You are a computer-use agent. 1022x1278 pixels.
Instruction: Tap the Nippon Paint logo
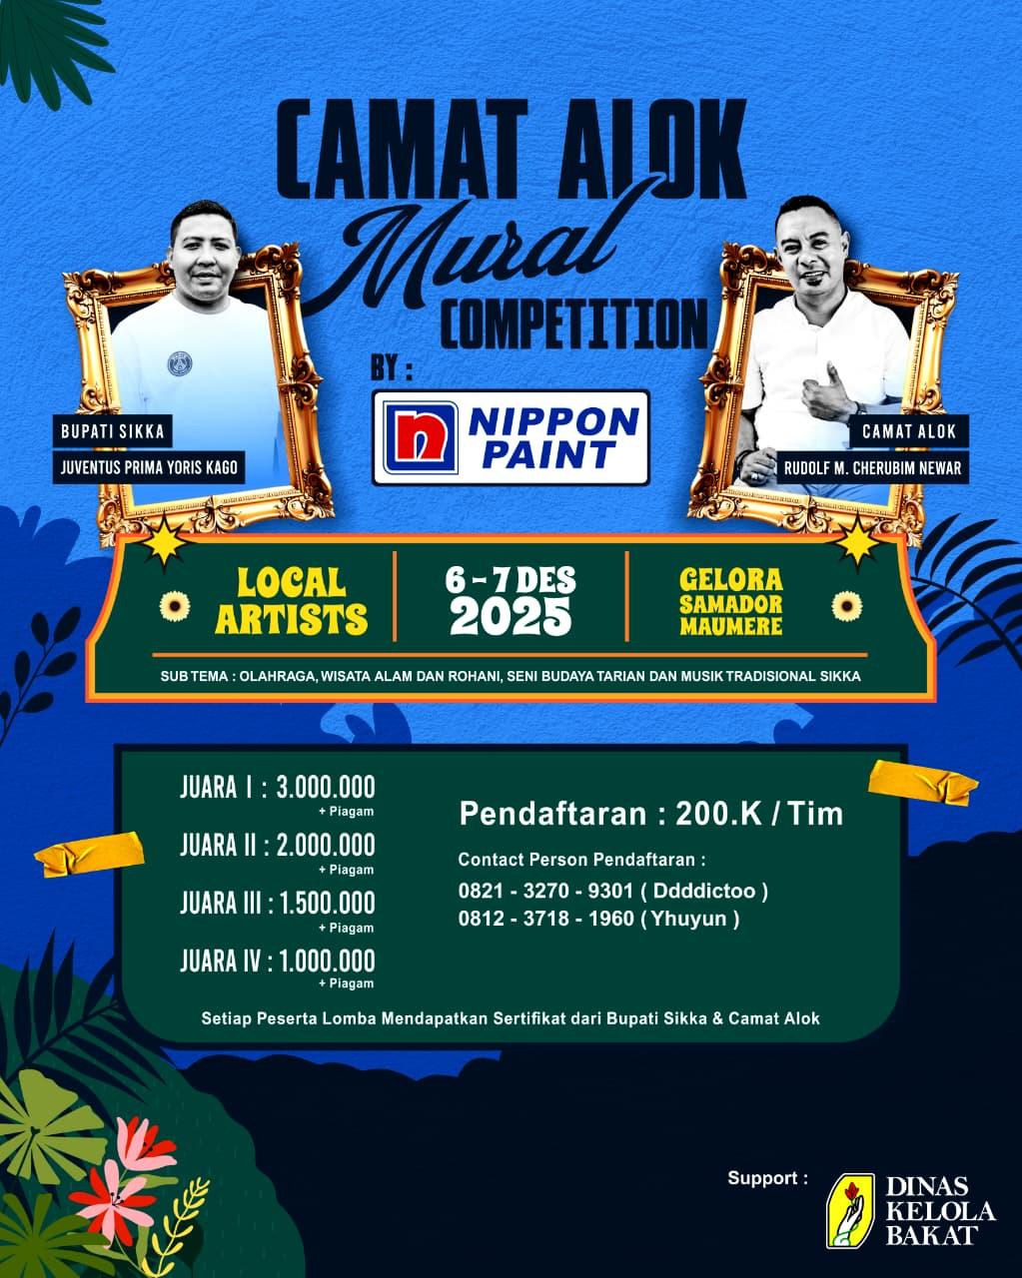coord(511,437)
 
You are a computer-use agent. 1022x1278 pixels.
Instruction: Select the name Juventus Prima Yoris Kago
coord(149,466)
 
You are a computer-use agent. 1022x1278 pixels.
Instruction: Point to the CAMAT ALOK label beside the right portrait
coord(909,431)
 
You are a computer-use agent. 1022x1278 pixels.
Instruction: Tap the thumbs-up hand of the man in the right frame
coord(825,394)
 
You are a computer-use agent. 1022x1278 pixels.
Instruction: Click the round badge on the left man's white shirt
coord(181,362)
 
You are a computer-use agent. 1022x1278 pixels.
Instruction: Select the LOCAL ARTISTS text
coord(292,602)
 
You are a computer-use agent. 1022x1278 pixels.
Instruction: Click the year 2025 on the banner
coord(511,618)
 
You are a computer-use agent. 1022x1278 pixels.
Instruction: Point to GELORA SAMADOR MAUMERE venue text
coord(730,602)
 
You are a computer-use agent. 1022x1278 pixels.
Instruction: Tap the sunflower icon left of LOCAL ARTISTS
coord(174,605)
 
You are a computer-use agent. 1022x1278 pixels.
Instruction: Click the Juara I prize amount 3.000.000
coord(326,787)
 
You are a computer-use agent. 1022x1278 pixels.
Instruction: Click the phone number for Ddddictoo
coord(545,891)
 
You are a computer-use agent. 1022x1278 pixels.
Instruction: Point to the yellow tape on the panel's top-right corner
coord(924,781)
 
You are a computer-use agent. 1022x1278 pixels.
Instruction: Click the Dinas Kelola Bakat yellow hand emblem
coord(849,1210)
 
